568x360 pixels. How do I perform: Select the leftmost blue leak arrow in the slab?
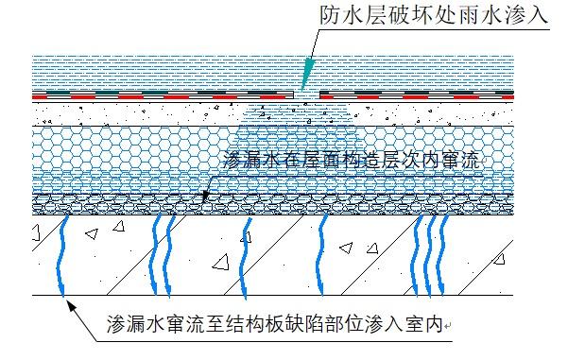[x=63, y=255]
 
